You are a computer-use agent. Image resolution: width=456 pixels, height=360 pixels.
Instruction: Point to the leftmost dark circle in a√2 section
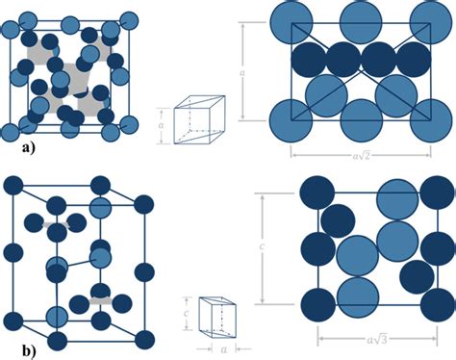click(310, 60)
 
